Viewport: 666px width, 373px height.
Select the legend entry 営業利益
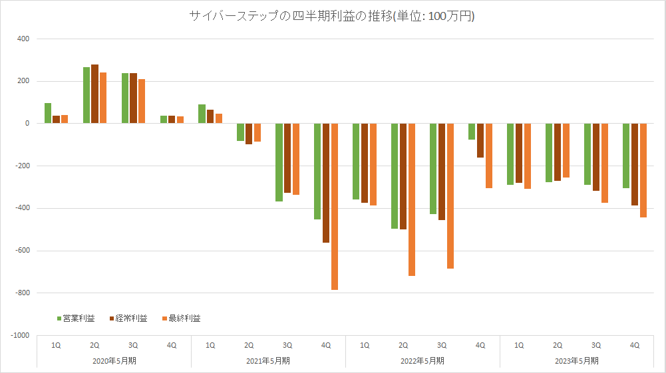tap(79, 318)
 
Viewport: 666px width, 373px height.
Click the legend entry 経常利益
tap(131, 318)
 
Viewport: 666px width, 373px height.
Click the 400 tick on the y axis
tap(23, 39)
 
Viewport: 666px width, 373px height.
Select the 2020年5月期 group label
tap(114, 361)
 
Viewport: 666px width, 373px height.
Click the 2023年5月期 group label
tap(577, 361)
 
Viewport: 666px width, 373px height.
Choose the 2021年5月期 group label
tap(268, 361)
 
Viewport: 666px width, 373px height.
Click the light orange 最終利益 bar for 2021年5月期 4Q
tap(335, 207)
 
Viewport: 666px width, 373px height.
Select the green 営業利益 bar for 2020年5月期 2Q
tap(86, 95)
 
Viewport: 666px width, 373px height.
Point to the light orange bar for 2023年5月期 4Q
tap(643, 170)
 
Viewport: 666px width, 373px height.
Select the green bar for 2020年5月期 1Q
tap(48, 114)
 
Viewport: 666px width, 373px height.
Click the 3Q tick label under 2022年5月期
tap(442, 345)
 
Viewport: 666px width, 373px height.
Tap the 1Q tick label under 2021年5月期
tap(210, 345)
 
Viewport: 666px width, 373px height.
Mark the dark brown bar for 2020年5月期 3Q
tap(133, 98)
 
